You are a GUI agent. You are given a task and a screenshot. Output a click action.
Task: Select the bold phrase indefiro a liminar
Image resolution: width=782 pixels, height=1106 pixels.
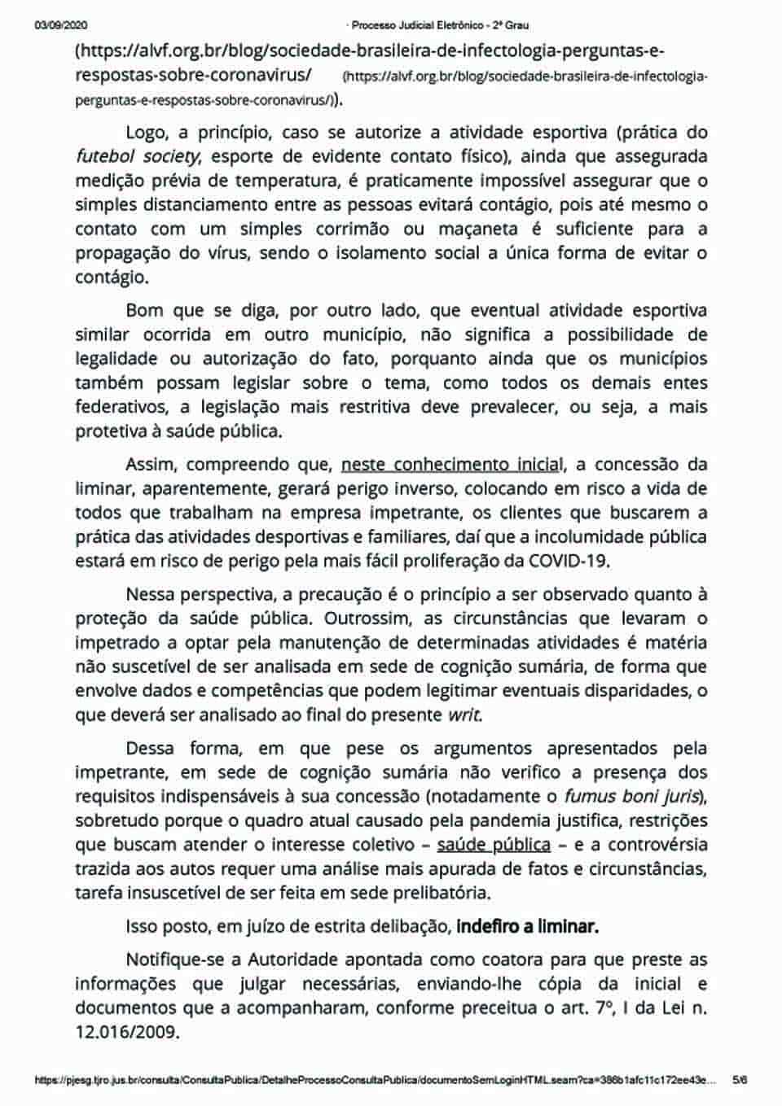click(x=527, y=926)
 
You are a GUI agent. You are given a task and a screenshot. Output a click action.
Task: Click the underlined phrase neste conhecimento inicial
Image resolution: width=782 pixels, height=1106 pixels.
click(x=452, y=465)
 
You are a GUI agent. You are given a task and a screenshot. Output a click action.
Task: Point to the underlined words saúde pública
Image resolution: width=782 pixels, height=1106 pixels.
click(x=494, y=845)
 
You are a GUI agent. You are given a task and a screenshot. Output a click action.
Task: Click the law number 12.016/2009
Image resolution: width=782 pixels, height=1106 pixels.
click(x=127, y=1032)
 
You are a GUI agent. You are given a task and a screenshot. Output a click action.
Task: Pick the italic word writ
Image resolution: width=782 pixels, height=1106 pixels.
click(x=464, y=715)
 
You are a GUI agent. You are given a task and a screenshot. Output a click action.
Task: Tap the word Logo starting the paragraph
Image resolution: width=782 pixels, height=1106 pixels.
click(x=147, y=133)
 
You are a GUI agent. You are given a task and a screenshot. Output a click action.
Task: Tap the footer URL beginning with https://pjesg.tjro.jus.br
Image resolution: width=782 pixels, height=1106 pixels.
click(x=375, y=1080)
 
